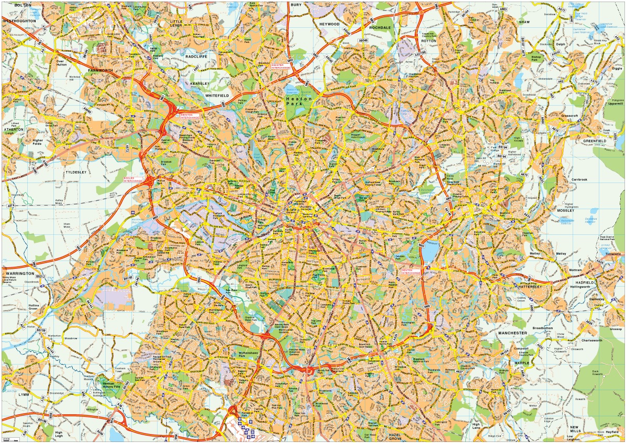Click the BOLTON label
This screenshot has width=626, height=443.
click(x=23, y=5)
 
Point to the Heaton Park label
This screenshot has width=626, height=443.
click(x=299, y=101)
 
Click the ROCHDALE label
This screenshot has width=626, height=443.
click(x=380, y=27)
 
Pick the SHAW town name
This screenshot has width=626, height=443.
click(x=524, y=22)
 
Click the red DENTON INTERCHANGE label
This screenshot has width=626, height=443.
click(x=410, y=271)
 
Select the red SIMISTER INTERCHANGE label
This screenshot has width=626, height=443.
click(x=281, y=66)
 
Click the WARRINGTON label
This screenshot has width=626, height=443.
click(x=20, y=274)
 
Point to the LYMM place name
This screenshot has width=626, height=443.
click(x=24, y=394)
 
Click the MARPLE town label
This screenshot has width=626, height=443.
click(x=507, y=362)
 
